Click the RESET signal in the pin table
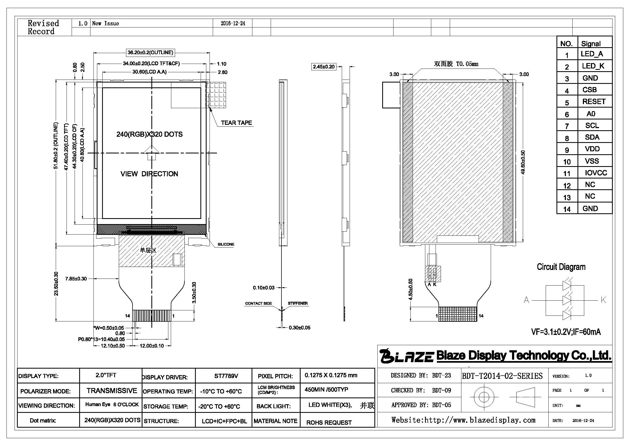point(594,102)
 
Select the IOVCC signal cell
point(596,173)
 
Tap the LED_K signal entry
point(593,66)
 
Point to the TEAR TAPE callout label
point(236,123)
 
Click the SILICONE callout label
point(226,244)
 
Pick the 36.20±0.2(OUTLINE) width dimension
point(150,53)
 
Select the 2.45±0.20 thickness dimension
point(324,66)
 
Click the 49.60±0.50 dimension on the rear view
point(523,162)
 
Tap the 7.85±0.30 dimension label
point(76,279)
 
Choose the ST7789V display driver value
point(226,376)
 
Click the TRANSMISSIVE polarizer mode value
point(112,390)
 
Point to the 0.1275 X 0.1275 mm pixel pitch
point(331,375)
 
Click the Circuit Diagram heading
point(561,267)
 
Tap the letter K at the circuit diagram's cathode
point(603,300)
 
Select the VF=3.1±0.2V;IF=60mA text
point(566,332)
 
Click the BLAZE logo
point(407,356)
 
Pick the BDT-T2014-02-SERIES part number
point(502,376)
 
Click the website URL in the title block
point(464,420)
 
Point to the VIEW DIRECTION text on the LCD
point(149,174)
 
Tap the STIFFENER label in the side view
point(298,303)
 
